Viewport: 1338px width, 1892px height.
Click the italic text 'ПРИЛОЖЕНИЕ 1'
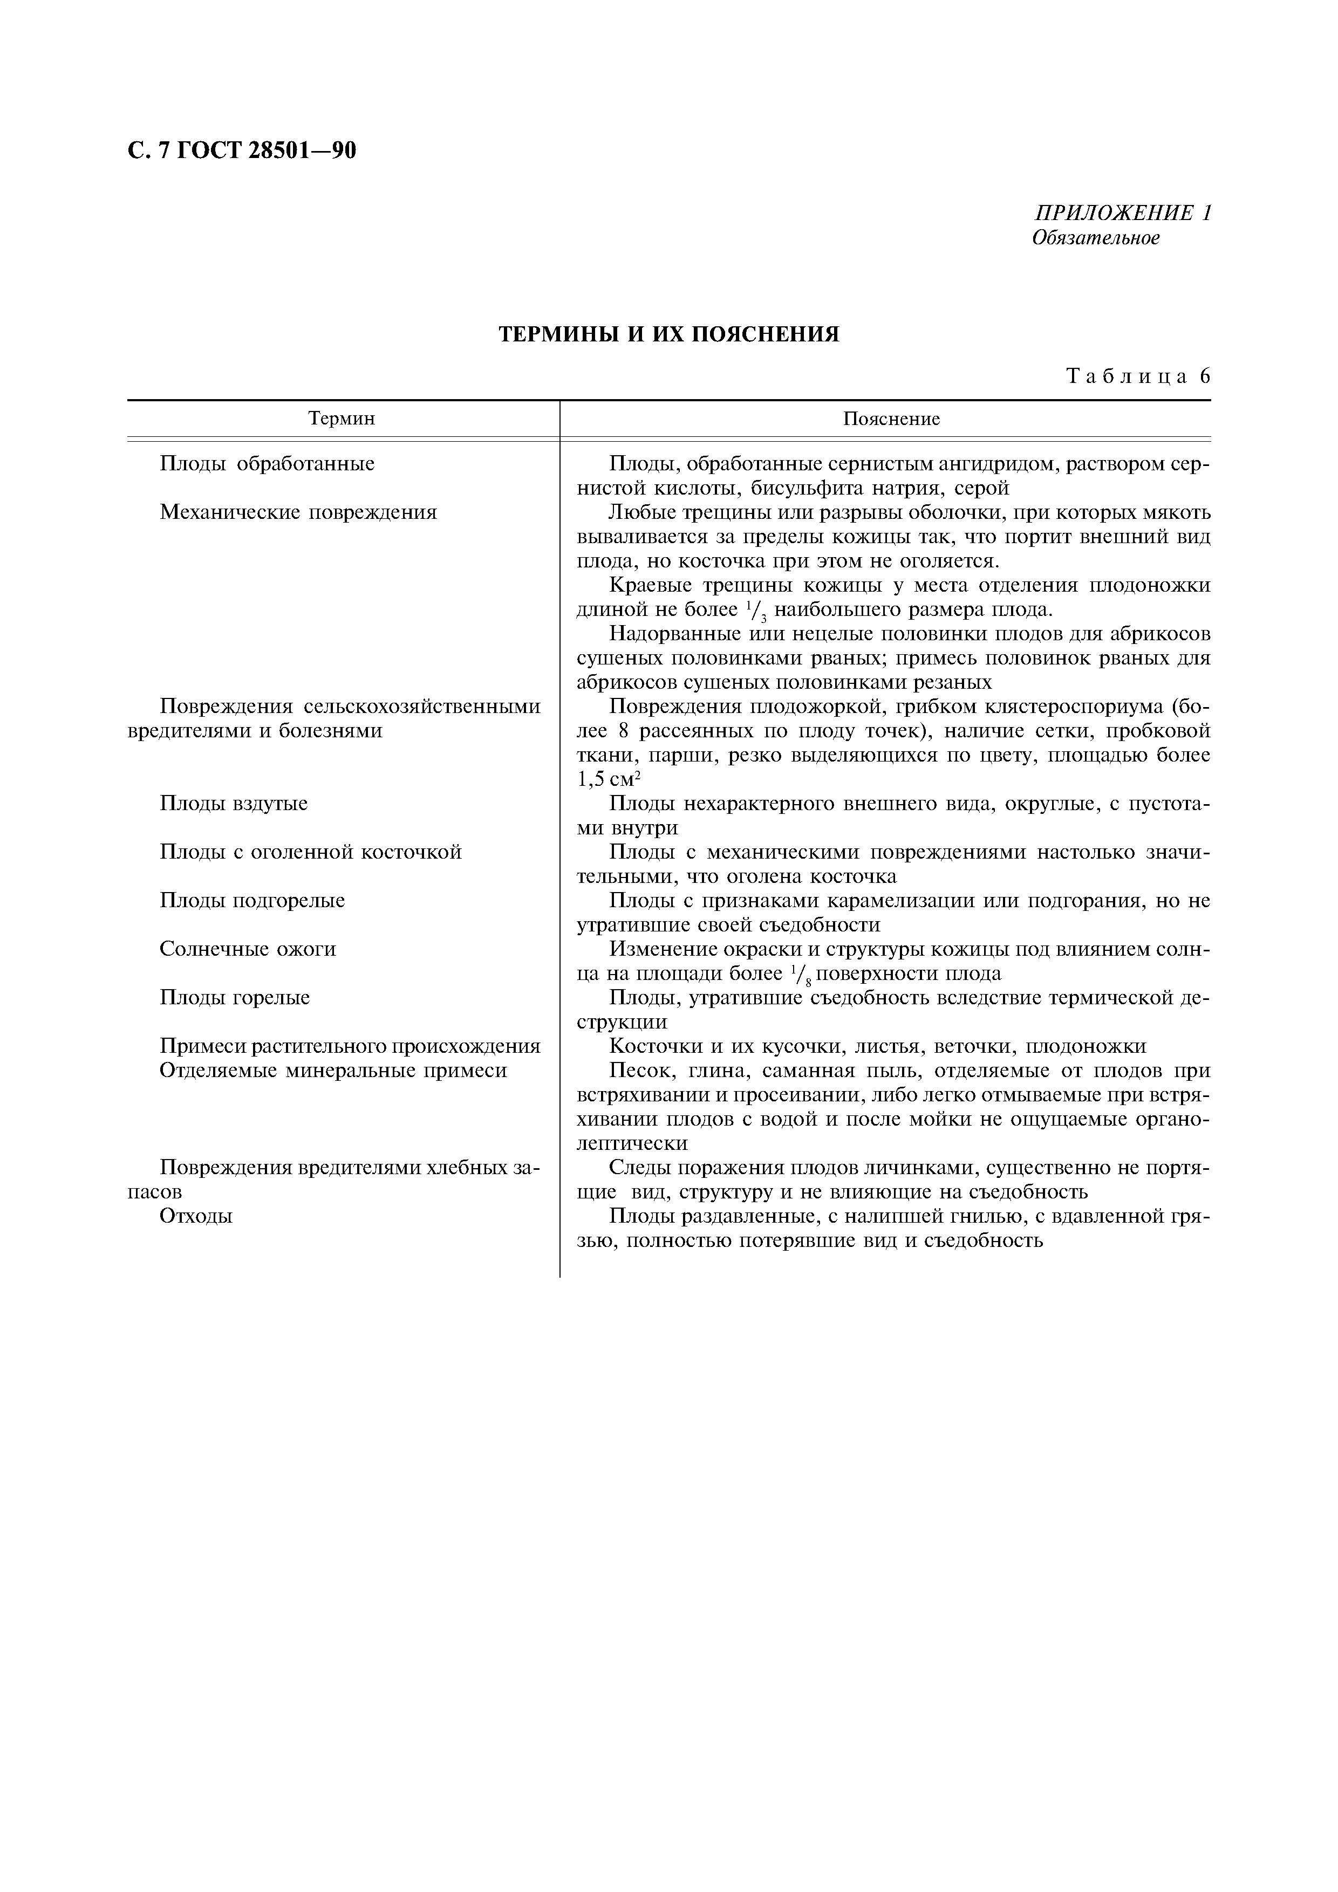pos(1123,214)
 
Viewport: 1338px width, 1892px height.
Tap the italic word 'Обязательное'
pos(1096,238)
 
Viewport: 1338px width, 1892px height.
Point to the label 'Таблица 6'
pos(1138,376)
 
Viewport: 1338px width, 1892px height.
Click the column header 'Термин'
pos(342,419)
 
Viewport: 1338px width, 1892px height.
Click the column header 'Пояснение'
pos(891,419)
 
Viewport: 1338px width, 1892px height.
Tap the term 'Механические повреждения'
pos(298,512)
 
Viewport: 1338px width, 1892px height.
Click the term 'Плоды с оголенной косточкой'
pos(311,852)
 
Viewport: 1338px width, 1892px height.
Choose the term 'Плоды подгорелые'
pos(252,901)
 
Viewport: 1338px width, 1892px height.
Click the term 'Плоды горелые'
pos(235,998)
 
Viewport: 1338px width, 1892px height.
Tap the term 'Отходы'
pos(196,1216)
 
